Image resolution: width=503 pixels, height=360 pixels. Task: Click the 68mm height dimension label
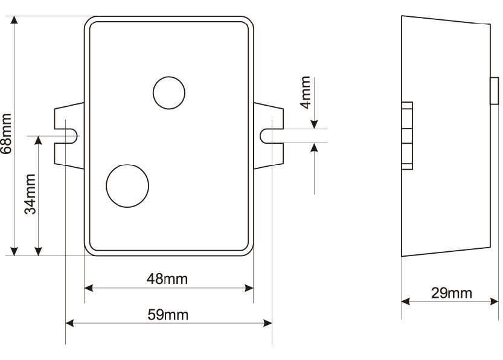(7, 133)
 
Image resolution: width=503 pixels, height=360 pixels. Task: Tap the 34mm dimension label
(30, 194)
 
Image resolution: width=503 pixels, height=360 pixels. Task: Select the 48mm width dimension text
(167, 279)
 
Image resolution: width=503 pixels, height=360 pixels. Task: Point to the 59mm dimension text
(168, 315)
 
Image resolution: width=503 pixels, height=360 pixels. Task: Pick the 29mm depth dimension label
(452, 293)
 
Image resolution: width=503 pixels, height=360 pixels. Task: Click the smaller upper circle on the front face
(169, 93)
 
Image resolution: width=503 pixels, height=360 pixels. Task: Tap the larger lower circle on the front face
(127, 186)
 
